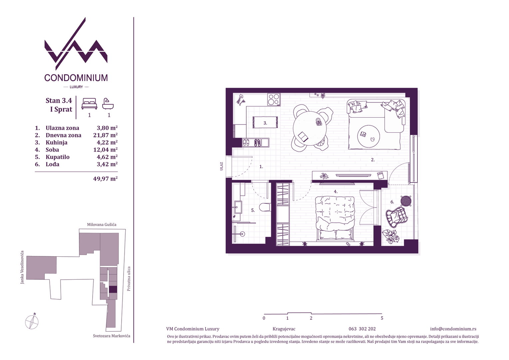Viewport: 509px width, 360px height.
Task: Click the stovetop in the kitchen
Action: (273, 99)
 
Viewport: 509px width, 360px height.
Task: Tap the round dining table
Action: (309, 128)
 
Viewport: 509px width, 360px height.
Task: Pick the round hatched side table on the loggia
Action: (406, 201)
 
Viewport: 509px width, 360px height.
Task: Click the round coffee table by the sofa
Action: (368, 136)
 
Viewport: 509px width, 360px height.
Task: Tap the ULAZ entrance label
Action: (222, 166)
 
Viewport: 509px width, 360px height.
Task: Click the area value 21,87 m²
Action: (105, 135)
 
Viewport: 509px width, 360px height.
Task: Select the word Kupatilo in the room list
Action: (58, 157)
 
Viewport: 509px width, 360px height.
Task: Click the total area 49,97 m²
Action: (105, 179)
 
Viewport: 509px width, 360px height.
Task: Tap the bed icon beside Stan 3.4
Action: (89, 103)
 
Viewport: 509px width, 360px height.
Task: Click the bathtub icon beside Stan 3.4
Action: (108, 104)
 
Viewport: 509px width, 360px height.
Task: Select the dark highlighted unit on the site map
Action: (113, 290)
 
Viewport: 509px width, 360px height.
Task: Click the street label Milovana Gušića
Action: (102, 224)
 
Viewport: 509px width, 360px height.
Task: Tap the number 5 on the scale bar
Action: (382, 318)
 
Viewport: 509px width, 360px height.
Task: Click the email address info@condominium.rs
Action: (453, 329)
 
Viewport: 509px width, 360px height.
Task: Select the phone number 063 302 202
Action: (362, 329)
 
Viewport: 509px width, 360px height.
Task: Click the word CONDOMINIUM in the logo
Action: (76, 78)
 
